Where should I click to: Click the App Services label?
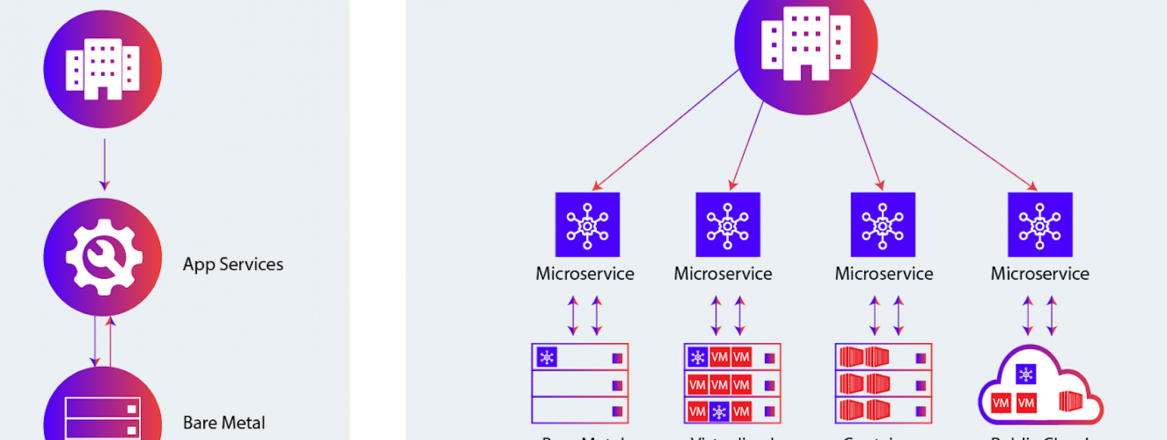[x=233, y=265]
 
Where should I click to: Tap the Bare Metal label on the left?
[x=223, y=422]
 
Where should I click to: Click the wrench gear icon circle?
[x=103, y=257]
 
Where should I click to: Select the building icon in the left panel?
[x=103, y=69]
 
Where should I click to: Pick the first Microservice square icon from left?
[x=587, y=224]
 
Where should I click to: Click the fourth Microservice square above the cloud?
[x=1040, y=224]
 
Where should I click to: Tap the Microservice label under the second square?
[x=723, y=274]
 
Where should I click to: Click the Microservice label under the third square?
[x=884, y=274]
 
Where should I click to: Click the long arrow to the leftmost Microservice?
[x=666, y=130]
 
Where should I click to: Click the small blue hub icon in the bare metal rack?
[x=547, y=358]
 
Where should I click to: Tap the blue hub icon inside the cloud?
[x=1026, y=375]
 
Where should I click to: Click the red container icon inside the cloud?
[x=1070, y=401]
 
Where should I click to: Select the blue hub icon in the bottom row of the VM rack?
[x=719, y=411]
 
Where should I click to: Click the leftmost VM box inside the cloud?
[x=1000, y=403]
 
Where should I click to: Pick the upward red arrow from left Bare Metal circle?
[x=110, y=341]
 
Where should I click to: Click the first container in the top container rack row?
[x=851, y=357]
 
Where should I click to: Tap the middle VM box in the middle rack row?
[x=719, y=384]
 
